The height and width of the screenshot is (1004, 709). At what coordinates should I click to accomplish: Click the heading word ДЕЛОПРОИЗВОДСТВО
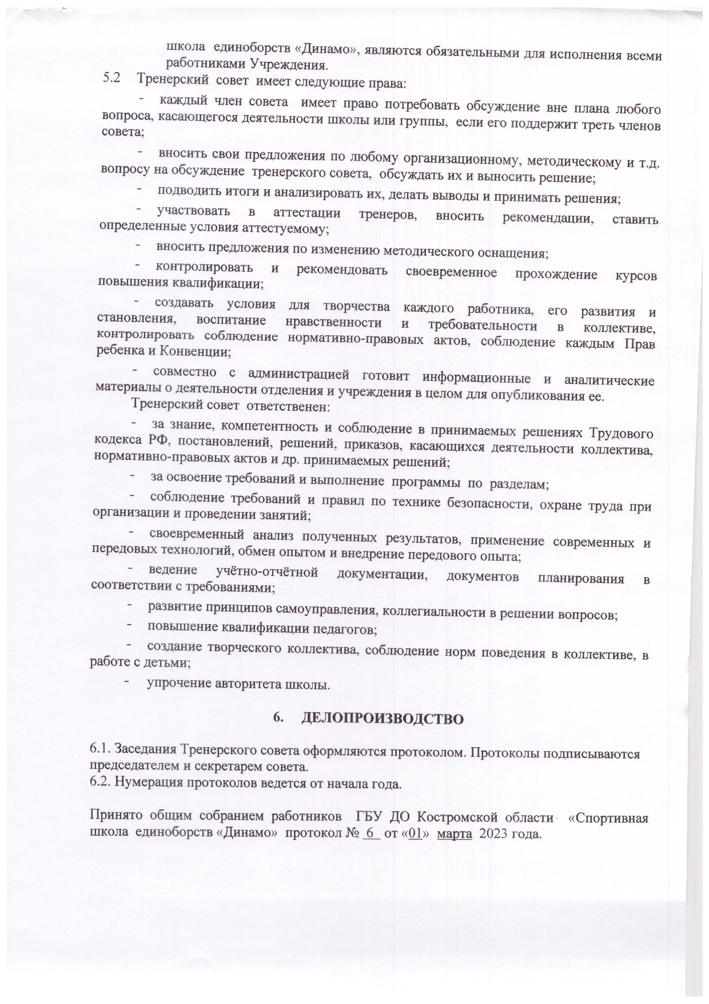tap(381, 719)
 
